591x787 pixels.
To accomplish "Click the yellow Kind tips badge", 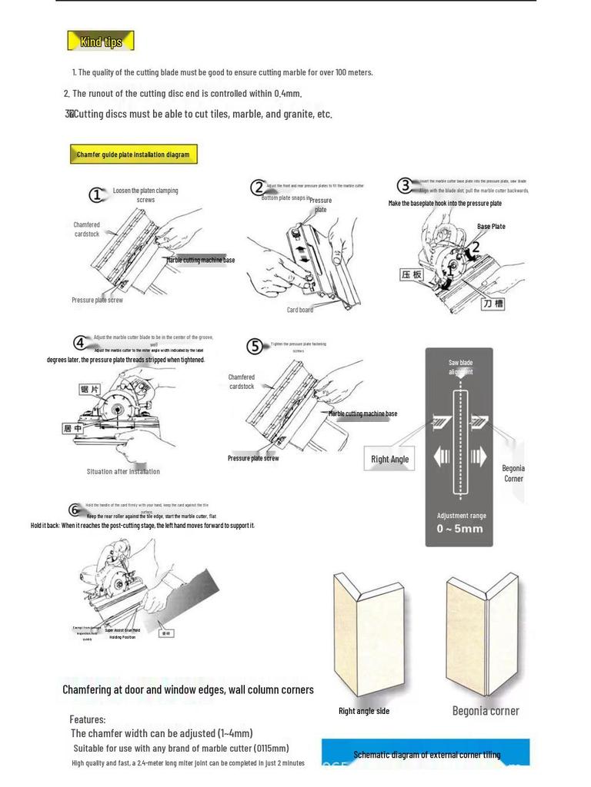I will (101, 42).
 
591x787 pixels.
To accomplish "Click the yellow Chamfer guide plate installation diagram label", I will (132, 154).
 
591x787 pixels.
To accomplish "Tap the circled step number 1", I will (96, 195).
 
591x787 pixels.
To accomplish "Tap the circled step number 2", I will (257, 188).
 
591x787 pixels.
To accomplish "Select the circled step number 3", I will (405, 185).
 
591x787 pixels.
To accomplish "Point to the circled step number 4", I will (81, 343).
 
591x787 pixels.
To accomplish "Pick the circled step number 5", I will (255, 347).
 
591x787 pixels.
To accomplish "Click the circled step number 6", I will (75, 510).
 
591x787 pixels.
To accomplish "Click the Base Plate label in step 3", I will (491, 227).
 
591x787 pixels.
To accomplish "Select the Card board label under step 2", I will (300, 310).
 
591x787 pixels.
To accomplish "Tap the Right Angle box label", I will (389, 460).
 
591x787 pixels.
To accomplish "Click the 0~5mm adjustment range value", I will (460, 529).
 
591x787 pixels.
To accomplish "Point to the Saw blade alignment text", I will (460, 367).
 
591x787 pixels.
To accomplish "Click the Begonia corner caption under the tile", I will (485, 711).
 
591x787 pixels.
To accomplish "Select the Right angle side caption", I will (364, 711).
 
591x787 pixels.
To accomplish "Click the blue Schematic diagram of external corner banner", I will (426, 754).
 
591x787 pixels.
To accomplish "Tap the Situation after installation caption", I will (123, 472).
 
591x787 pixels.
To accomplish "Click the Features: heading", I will (88, 719).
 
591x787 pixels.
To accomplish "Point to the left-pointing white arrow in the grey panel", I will (442, 458).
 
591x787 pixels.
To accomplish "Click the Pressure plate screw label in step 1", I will (97, 301).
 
